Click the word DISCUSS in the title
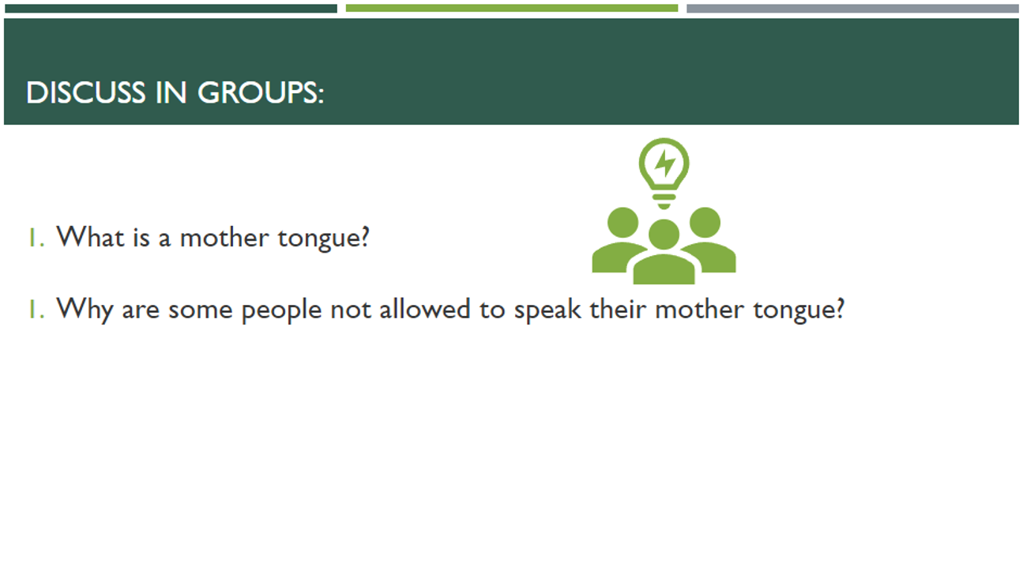click(x=86, y=92)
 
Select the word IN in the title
click(x=171, y=92)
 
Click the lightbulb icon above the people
click(x=664, y=173)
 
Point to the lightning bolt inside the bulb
click(x=664, y=163)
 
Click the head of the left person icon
click(x=622, y=223)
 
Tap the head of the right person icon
click(x=705, y=223)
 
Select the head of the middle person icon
click(x=664, y=235)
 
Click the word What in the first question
click(x=90, y=237)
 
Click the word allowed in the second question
click(x=425, y=309)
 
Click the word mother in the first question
click(x=224, y=237)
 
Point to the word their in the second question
click(x=618, y=309)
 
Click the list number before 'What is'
click(x=37, y=238)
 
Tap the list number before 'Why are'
click(x=37, y=309)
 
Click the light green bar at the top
click(x=512, y=8)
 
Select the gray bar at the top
click(x=852, y=8)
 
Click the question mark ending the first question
click(x=364, y=237)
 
